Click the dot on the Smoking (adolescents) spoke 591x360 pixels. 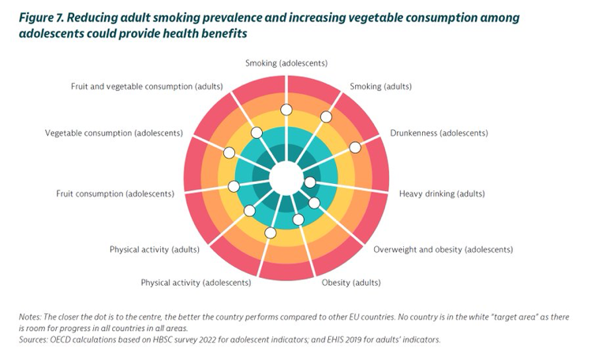[286, 110]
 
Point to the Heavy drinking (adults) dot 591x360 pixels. [310, 182]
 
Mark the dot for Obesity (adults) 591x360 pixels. [298, 219]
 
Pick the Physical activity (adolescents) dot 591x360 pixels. [271, 232]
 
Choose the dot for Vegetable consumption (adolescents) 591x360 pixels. [229, 152]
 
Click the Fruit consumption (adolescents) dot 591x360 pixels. [233, 186]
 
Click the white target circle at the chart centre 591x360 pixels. [285, 178]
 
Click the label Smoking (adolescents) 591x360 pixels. [286, 62]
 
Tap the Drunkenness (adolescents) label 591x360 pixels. [438, 133]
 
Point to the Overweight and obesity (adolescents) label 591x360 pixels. [443, 249]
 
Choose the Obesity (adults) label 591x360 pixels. [352, 282]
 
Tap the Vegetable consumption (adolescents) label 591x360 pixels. [114, 133]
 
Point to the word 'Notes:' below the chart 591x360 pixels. [31, 317]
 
